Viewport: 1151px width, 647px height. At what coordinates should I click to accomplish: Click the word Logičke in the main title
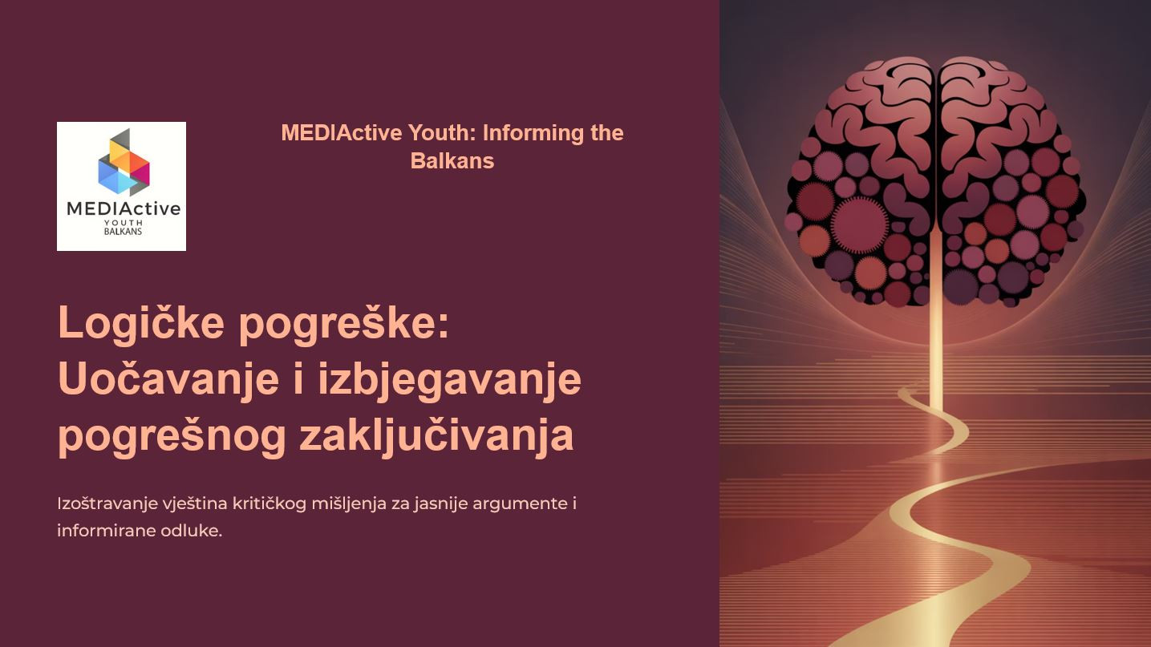click(141, 324)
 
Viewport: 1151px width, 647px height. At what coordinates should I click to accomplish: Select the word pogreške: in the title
click(344, 325)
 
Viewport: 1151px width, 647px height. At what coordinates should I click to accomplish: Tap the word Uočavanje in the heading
click(168, 379)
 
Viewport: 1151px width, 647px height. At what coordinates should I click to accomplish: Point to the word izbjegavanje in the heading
click(450, 379)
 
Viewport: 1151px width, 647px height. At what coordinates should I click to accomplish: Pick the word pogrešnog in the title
click(172, 436)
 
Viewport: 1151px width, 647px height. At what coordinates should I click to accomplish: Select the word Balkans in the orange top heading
click(452, 160)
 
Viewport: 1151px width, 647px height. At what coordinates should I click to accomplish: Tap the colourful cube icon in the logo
click(124, 162)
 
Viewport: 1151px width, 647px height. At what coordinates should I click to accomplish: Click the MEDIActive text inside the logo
click(124, 208)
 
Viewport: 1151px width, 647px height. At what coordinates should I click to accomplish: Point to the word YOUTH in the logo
click(124, 223)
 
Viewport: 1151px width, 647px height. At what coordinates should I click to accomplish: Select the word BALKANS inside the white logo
click(123, 232)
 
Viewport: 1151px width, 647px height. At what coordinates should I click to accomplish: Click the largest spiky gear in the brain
click(860, 224)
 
